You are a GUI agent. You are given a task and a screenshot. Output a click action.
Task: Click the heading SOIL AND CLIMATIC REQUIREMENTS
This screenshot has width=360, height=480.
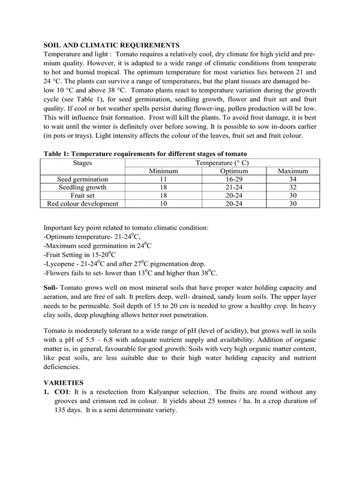[111, 45]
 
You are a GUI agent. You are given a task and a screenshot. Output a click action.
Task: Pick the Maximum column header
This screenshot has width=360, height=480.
[292, 171]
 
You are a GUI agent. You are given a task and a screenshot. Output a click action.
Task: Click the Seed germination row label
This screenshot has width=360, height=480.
[83, 179]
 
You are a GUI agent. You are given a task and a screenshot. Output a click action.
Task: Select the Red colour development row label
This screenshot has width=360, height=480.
[83, 204]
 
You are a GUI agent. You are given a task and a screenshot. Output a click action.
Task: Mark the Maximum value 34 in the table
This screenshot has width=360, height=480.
[292, 179]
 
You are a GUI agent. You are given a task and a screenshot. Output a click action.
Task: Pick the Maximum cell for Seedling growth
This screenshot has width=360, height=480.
[292, 188]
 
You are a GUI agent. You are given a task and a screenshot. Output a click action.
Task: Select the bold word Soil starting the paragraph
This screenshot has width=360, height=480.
[51, 288]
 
